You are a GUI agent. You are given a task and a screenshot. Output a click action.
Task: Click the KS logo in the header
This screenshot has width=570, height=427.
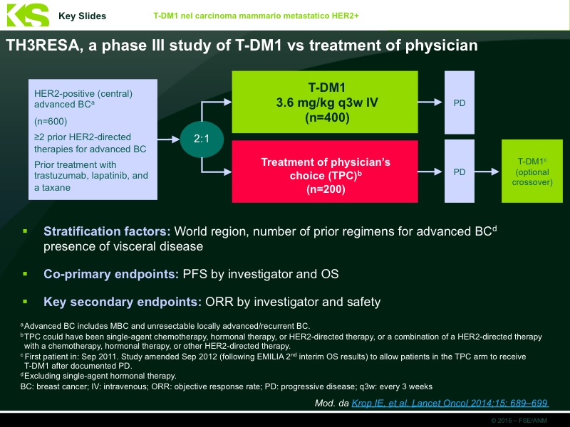click(x=26, y=15)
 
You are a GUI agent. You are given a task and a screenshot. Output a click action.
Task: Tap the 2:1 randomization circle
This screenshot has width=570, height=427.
click(x=202, y=138)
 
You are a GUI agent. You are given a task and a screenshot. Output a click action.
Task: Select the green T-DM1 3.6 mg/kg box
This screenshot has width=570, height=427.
click(x=327, y=102)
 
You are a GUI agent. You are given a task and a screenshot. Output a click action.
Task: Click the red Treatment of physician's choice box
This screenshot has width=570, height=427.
click(x=327, y=172)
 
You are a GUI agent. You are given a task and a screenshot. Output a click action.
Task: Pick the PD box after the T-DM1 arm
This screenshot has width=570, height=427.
click(x=460, y=102)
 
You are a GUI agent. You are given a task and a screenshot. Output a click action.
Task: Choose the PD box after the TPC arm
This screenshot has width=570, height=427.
click(x=460, y=172)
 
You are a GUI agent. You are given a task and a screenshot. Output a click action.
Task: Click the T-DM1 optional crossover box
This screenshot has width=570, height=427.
click(x=532, y=172)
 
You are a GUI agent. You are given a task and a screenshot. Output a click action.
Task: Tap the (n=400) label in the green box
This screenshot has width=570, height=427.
click(x=327, y=117)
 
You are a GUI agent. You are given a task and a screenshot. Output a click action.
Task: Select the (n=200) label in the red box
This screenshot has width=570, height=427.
click(x=326, y=189)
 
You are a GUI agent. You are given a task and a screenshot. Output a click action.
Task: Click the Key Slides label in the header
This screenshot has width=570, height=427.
click(x=82, y=16)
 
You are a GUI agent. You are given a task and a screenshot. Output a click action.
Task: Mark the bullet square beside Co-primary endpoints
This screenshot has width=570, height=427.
click(x=25, y=273)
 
